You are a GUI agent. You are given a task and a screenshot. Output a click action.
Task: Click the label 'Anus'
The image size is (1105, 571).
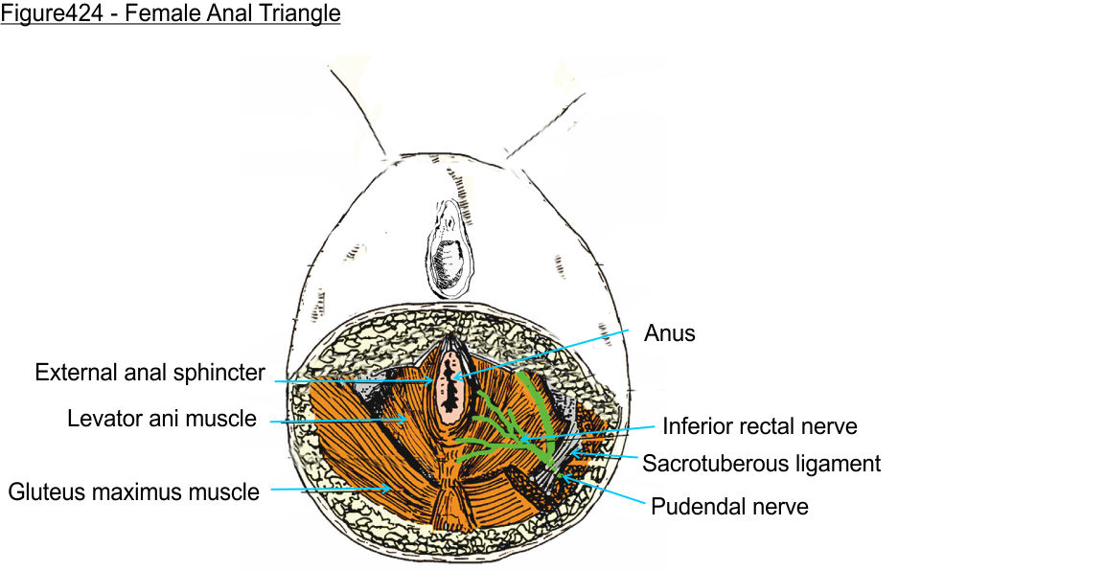click(669, 333)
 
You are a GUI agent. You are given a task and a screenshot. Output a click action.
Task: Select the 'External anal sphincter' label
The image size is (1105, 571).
click(150, 373)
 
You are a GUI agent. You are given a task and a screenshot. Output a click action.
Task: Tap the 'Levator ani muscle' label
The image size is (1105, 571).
click(162, 419)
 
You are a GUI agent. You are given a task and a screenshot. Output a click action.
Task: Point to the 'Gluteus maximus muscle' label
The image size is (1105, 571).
click(134, 492)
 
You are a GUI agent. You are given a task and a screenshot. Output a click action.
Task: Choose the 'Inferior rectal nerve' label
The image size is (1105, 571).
click(759, 426)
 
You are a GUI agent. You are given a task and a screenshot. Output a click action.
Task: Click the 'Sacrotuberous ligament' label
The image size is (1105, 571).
click(761, 464)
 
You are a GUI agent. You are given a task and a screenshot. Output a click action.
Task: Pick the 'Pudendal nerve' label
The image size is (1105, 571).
click(729, 506)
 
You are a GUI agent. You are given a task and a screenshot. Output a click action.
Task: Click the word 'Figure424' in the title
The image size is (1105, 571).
click(43, 14)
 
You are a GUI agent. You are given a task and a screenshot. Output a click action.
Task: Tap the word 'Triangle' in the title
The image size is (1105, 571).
click(302, 14)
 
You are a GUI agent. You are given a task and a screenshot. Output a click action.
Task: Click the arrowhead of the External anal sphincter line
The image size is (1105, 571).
click(437, 380)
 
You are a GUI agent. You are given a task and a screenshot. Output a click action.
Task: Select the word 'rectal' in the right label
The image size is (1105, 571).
click(767, 426)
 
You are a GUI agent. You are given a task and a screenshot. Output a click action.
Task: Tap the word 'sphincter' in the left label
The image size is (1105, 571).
click(222, 373)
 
